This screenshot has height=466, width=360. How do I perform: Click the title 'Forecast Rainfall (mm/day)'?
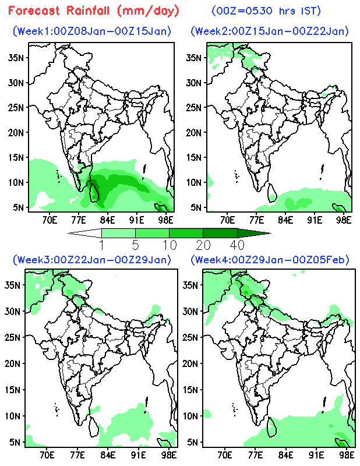94,10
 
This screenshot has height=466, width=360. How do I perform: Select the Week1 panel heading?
92,31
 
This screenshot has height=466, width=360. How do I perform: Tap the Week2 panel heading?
270,31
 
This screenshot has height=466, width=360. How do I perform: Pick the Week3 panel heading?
92,259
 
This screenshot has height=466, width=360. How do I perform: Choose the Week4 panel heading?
270,259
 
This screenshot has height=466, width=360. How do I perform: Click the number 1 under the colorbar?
101,243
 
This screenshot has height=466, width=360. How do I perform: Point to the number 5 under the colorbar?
135,243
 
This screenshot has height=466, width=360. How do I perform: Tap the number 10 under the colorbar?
169,243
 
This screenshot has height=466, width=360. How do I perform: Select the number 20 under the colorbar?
203,243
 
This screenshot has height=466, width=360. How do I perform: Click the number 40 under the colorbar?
237,243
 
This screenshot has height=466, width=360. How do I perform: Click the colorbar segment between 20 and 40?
220,233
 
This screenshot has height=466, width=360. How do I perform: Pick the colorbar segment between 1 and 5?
118,233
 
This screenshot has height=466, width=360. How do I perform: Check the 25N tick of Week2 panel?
194,108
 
